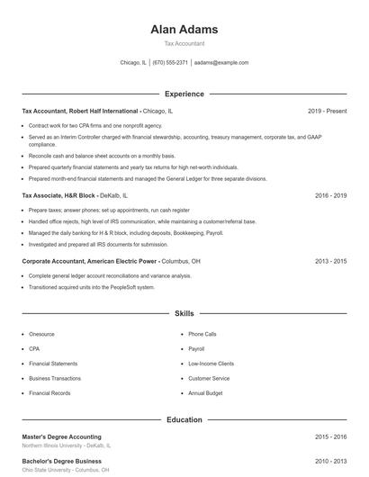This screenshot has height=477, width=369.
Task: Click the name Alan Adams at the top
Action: coord(184,29)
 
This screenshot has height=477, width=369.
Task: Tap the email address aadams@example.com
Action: coord(221,63)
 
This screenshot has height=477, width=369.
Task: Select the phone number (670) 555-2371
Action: coord(170,63)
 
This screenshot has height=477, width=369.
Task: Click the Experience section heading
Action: coord(184,94)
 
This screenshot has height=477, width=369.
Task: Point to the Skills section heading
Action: coord(184,314)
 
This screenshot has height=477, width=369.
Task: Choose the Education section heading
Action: coord(184,419)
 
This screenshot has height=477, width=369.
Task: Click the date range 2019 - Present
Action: coord(327,111)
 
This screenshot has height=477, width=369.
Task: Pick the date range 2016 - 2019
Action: coord(330,194)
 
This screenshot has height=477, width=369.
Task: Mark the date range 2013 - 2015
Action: coord(330,261)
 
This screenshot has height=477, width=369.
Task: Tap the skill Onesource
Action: coord(41,334)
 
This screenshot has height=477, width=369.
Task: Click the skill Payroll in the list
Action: coord(196,348)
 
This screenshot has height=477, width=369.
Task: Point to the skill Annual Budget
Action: coord(204,393)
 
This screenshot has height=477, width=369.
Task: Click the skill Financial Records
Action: coord(49,393)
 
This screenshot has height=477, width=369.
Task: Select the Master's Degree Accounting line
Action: coord(61,436)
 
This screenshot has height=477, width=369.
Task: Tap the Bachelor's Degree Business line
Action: coord(61,461)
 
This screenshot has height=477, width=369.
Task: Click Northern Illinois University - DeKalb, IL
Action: coord(67,445)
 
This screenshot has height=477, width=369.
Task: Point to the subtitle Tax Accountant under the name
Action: coord(184,43)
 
